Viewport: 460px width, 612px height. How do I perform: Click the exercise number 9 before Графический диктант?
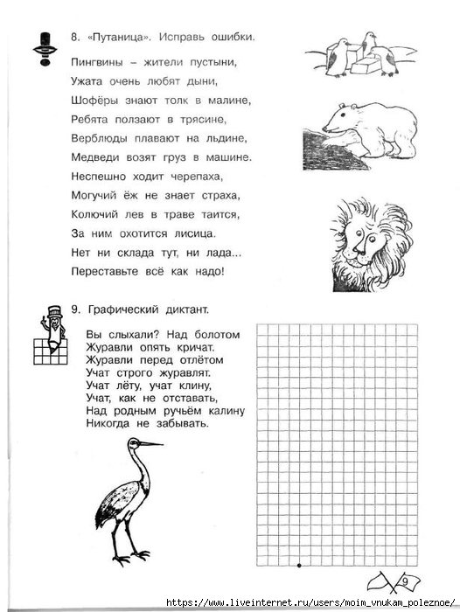click(74, 309)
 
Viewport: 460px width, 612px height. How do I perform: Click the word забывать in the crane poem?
click(182, 423)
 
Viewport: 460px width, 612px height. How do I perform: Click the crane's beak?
click(150, 444)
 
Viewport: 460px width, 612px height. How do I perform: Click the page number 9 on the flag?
click(404, 580)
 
